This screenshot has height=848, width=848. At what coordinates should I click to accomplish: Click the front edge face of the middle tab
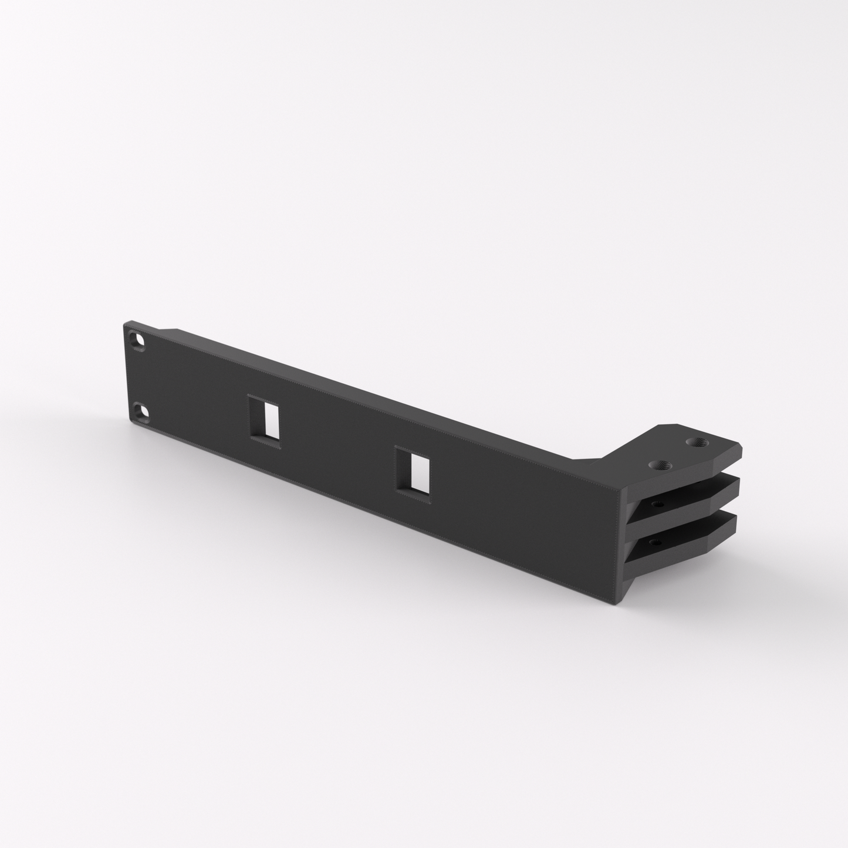(x=728, y=488)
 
